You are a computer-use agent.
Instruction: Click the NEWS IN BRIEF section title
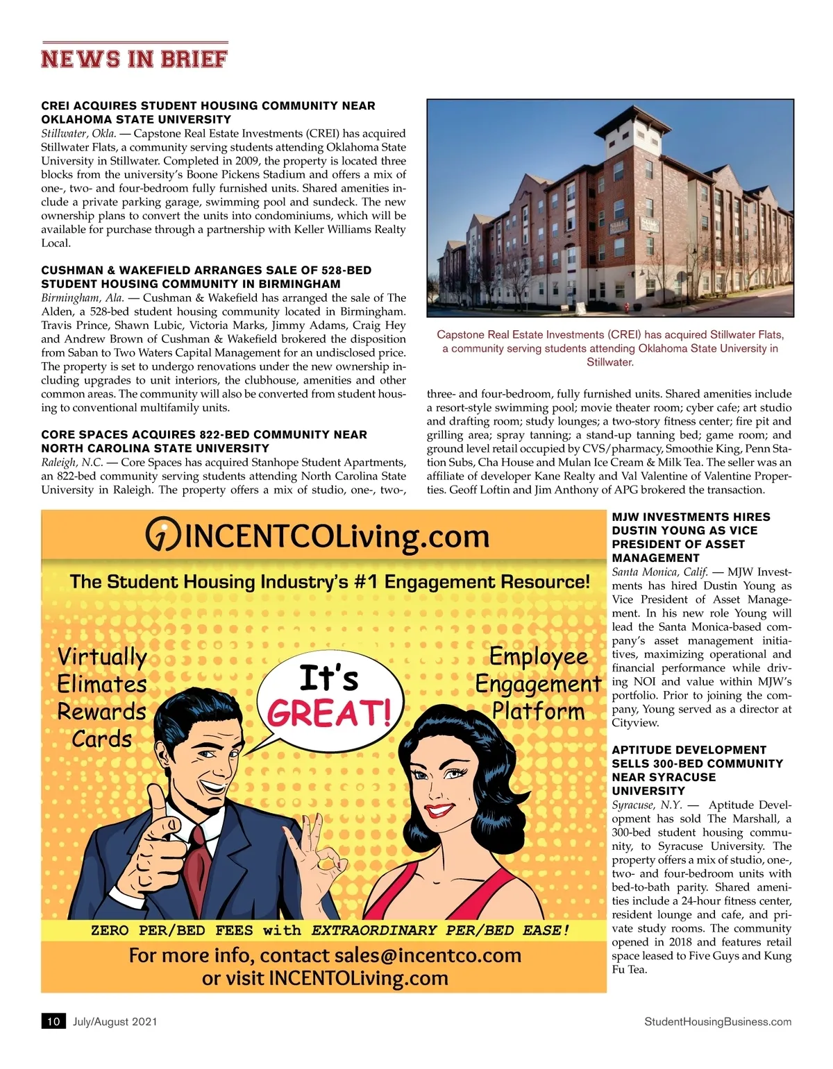[x=134, y=58]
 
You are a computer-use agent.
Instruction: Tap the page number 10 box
[x=53, y=1021]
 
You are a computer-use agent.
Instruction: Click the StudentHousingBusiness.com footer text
[x=717, y=1021]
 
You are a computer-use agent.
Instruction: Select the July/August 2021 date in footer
[x=115, y=1021]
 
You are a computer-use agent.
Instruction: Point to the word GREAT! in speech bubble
[x=329, y=712]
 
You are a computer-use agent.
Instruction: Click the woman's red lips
[x=439, y=810]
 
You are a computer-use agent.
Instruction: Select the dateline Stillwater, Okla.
[x=78, y=133]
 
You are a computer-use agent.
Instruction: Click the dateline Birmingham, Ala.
[x=82, y=298]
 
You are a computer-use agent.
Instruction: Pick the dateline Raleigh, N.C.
[x=71, y=462]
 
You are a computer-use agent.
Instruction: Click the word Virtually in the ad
[x=102, y=657]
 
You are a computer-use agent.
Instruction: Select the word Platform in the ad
[x=538, y=711]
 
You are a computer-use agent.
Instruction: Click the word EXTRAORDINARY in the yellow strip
[x=373, y=930]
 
